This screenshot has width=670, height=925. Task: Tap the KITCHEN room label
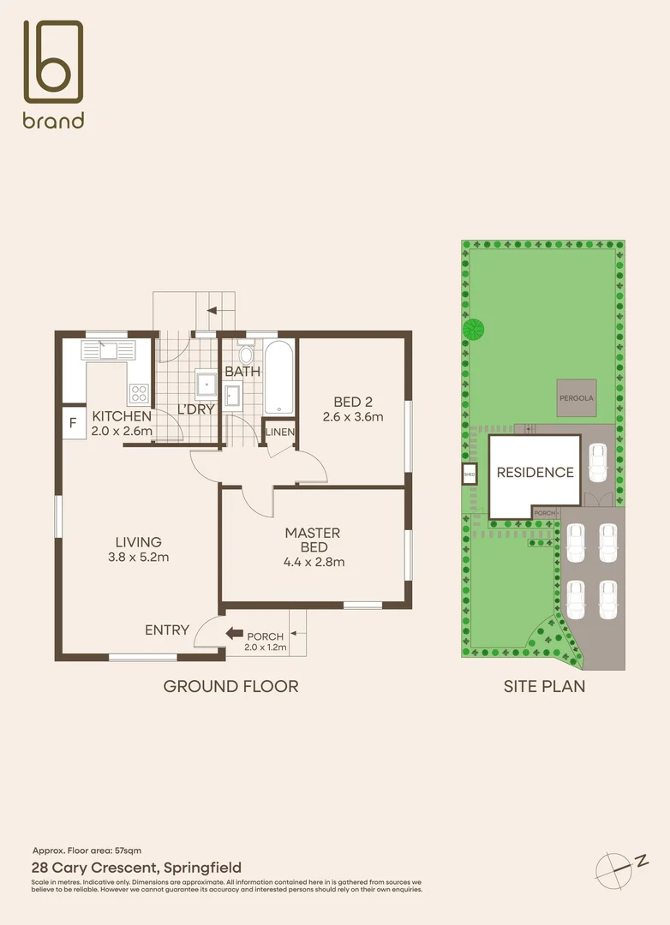tap(122, 416)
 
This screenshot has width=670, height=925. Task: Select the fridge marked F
tap(74, 423)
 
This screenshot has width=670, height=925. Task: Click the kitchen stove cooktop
tap(139, 393)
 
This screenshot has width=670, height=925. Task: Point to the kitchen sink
tap(108, 349)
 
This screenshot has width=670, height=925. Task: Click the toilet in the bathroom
tap(246, 354)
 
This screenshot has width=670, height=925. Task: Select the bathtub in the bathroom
tap(279, 377)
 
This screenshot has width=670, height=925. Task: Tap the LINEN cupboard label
tap(279, 432)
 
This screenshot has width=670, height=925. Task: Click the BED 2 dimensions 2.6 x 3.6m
tap(352, 417)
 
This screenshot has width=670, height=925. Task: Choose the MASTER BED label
tap(314, 540)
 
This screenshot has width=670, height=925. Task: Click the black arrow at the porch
tap(234, 634)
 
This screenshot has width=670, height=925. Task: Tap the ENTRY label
tap(167, 630)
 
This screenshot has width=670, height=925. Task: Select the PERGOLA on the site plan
tap(577, 398)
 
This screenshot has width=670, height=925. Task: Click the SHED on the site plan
tap(469, 474)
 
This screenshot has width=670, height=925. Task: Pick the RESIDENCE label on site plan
tap(535, 472)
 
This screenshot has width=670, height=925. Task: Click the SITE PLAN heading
tap(544, 686)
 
